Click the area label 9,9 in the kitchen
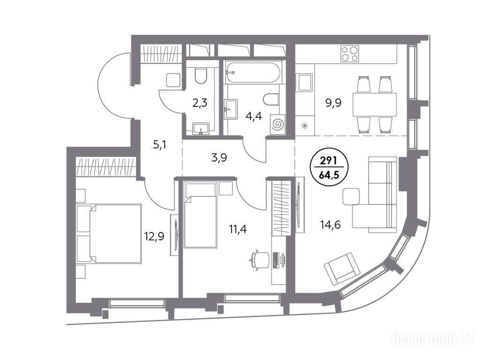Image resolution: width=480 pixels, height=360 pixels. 333,103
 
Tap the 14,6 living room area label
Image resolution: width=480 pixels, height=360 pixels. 330,225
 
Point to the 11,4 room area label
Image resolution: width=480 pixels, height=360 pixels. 238,228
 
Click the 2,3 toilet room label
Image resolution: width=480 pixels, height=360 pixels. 200,103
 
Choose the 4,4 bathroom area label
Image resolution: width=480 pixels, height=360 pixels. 254,116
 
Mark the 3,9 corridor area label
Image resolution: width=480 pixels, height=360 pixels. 219,158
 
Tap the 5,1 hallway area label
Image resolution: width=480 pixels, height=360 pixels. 160,144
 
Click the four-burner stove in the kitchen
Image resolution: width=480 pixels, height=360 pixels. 350,54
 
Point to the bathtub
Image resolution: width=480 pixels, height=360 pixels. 253,73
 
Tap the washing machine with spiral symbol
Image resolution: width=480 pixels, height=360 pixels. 278,124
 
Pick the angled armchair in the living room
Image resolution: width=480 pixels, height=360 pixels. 342,269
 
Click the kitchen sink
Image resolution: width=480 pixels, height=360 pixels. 305,82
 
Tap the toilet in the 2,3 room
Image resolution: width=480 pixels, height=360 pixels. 201,76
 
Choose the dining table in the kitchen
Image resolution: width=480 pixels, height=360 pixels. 375,105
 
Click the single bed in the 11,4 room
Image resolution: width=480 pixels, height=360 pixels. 201,215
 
